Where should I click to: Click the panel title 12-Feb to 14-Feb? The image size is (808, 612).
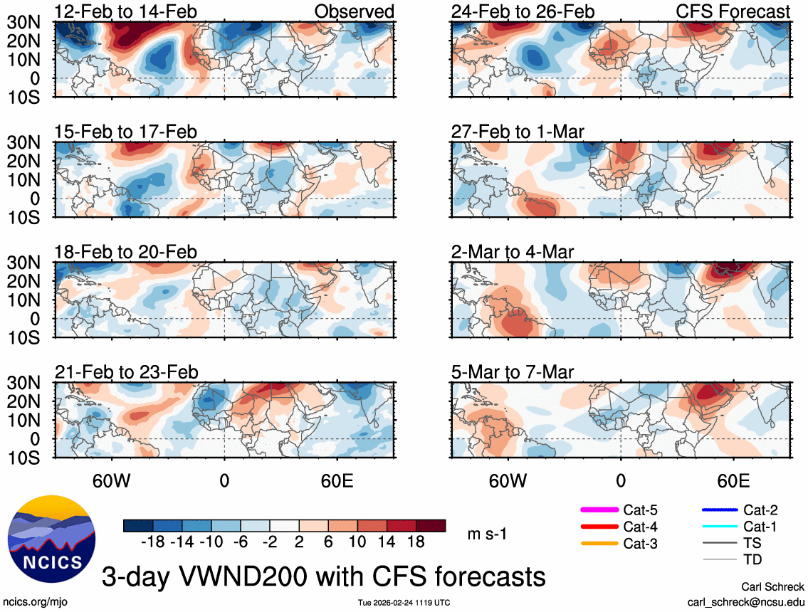pyautogui.click(x=126, y=11)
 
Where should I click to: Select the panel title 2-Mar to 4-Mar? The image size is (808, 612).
pyautogui.click(x=513, y=252)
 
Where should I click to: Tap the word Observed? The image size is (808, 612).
pyautogui.click(x=354, y=11)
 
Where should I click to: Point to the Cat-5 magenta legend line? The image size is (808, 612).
pyautogui.click(x=597, y=510)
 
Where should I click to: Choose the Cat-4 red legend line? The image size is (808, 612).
pyautogui.click(x=597, y=527)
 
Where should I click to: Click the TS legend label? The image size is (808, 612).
pyautogui.click(x=753, y=544)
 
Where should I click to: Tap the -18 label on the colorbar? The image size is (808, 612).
pyautogui.click(x=152, y=542)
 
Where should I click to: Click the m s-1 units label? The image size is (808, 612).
pyautogui.click(x=487, y=534)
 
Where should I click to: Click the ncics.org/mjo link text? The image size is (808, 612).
pyautogui.click(x=34, y=601)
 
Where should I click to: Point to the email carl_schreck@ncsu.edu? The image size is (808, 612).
pyautogui.click(x=746, y=601)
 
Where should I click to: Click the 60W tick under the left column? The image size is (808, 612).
pyautogui.click(x=111, y=480)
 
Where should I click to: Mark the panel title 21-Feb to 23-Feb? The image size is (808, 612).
pyautogui.click(x=126, y=372)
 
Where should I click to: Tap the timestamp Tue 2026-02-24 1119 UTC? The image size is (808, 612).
pyautogui.click(x=404, y=603)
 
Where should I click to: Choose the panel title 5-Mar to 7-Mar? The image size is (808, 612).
pyautogui.click(x=513, y=372)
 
